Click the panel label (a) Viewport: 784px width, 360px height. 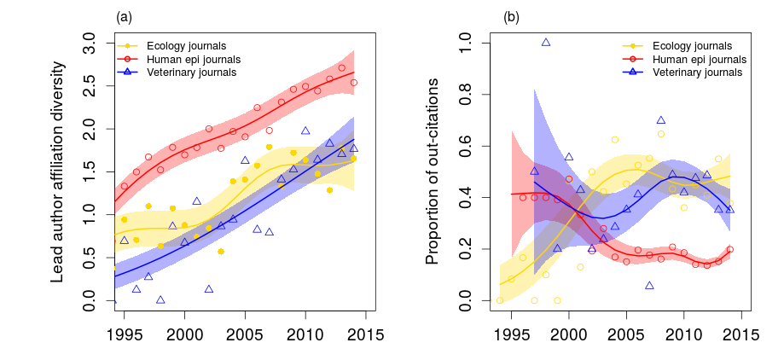(x=124, y=16)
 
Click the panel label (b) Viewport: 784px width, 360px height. (x=511, y=16)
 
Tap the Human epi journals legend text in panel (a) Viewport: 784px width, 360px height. (x=193, y=59)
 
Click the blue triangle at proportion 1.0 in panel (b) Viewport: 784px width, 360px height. (x=546, y=43)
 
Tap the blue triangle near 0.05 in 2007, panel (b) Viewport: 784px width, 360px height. (x=649, y=286)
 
